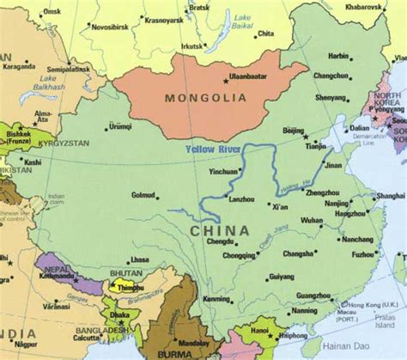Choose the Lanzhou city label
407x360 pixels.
click(238, 199)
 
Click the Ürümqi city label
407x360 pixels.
click(121, 126)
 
